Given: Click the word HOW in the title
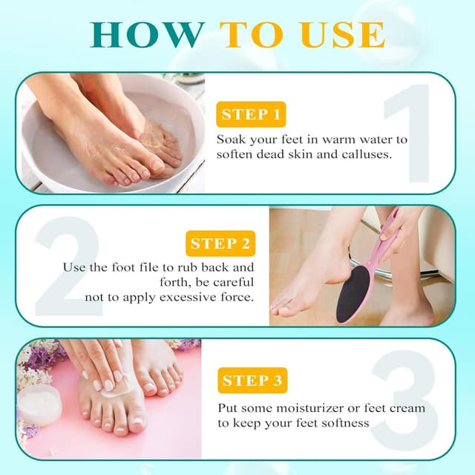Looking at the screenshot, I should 148,34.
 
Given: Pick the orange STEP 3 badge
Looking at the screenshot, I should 252,381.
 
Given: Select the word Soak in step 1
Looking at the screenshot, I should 231,140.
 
